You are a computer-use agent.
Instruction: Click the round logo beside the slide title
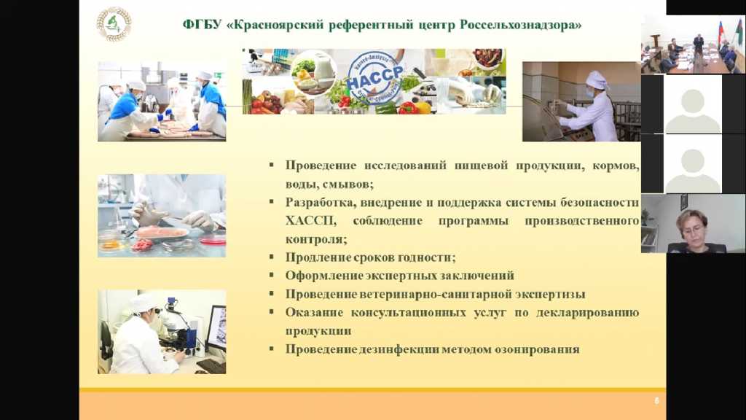tap(114, 24)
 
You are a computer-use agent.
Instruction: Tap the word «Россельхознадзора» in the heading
tap(521, 25)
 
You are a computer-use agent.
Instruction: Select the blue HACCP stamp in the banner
tap(374, 79)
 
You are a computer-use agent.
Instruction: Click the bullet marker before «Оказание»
tap(272, 312)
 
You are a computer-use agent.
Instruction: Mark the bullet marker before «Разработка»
tap(272, 202)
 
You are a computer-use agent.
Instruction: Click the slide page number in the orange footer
tap(656, 401)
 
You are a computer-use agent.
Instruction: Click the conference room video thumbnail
tap(694, 44)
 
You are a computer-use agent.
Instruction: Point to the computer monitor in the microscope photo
tap(216, 327)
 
